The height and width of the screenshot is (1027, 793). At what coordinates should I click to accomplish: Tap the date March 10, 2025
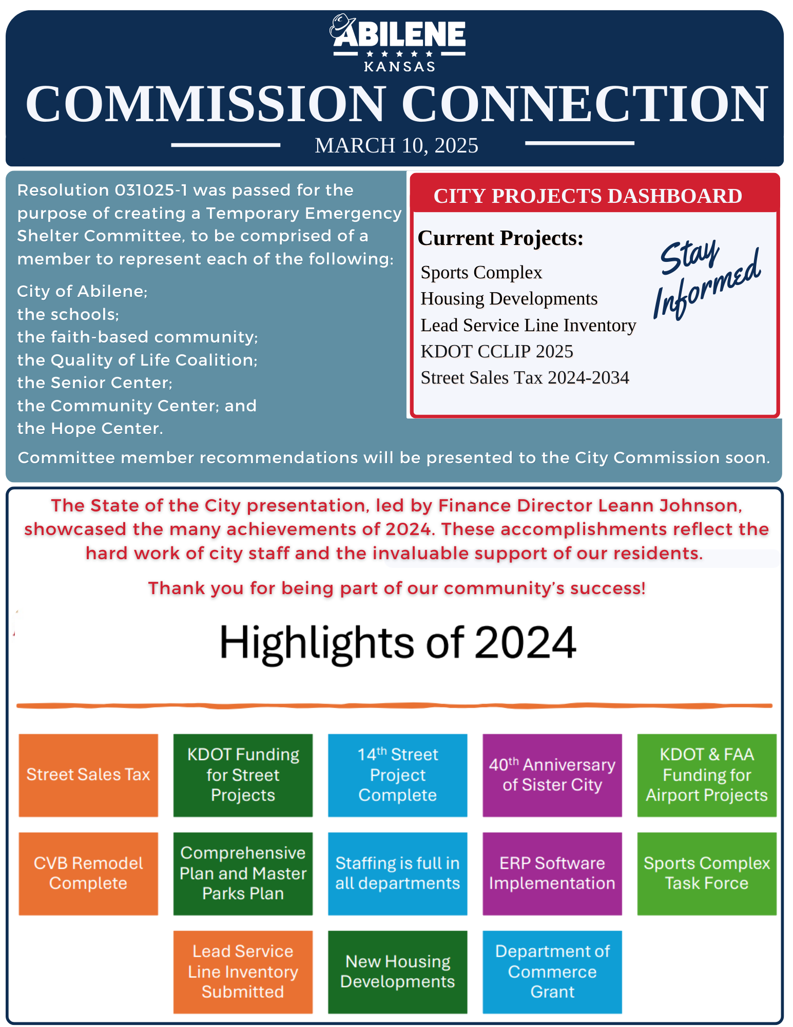coord(396,145)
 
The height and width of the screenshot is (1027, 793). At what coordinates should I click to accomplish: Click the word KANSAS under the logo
coord(399,67)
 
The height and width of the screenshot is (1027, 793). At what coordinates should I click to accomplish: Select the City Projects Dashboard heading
coord(588,196)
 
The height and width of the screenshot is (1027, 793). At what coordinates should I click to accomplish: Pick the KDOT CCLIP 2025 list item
coord(496,351)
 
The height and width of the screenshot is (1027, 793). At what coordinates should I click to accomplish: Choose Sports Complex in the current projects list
coord(481,272)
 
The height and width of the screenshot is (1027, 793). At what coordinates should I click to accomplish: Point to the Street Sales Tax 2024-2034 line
coord(525,377)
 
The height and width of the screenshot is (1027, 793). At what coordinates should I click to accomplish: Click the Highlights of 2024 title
coord(397,642)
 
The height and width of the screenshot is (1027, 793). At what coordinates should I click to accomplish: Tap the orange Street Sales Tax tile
coord(88,775)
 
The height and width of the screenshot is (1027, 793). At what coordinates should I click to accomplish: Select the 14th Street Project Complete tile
coord(397,775)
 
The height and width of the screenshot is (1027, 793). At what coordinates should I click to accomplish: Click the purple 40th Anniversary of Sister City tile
coord(552,775)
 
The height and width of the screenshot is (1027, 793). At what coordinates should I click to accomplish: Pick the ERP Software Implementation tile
coord(552,873)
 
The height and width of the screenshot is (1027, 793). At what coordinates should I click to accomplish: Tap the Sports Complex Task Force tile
coord(706,873)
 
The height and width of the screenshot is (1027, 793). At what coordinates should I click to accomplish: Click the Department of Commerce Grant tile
coord(552,972)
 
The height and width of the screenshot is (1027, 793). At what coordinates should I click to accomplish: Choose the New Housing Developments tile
coord(397,972)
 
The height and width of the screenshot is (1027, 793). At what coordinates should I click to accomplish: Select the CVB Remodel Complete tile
coord(88,873)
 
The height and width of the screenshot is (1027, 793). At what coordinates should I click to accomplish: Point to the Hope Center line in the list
coord(90,428)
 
